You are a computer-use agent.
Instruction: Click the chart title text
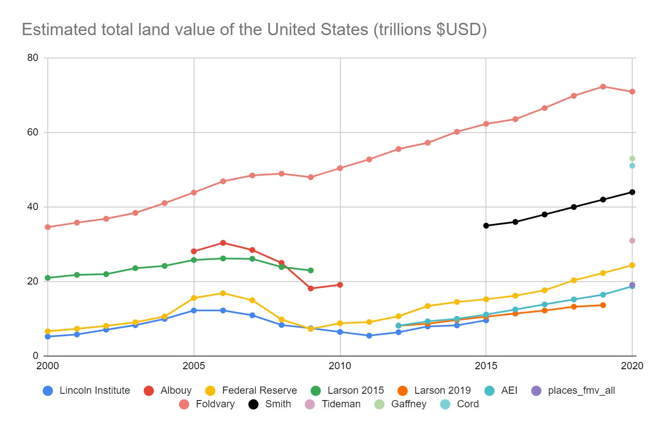[254, 30]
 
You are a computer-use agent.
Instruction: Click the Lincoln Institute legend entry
[87, 390]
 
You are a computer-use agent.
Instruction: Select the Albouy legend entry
[168, 390]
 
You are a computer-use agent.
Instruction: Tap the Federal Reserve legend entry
[251, 390]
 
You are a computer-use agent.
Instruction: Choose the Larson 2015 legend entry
[347, 390]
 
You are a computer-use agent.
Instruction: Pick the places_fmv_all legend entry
[573, 390]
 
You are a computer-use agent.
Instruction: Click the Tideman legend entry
[333, 404]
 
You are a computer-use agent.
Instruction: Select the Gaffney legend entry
[400, 404]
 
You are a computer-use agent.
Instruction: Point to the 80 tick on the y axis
[33, 58]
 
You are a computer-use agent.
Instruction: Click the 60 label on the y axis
[33, 133]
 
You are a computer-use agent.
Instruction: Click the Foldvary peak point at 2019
[603, 86]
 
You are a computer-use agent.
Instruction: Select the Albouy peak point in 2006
[223, 243]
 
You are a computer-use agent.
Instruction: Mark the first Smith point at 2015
[486, 226]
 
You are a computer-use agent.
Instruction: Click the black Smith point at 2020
[632, 192]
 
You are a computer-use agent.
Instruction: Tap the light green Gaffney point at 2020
[632, 159]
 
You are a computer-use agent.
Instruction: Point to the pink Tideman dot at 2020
[632, 240]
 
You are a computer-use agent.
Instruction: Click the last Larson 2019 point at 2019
[603, 305]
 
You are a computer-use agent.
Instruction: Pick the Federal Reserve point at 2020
[632, 265]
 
